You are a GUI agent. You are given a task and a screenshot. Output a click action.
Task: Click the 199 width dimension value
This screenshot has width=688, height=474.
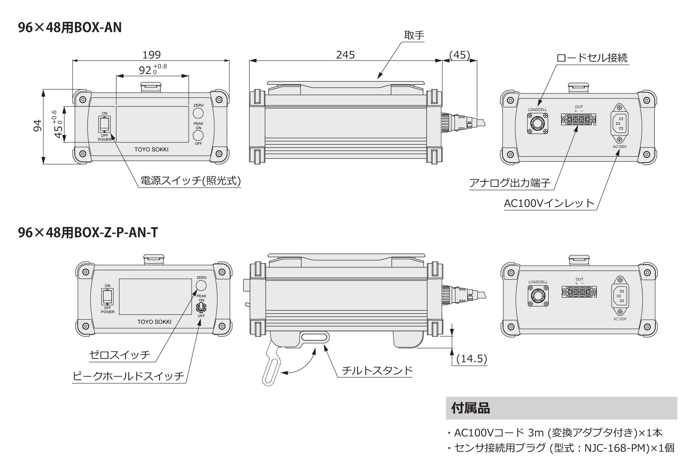(151, 55)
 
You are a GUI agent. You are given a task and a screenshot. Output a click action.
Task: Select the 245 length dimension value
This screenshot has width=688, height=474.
(345, 55)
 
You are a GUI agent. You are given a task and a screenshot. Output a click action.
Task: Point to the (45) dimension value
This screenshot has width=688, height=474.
(459, 55)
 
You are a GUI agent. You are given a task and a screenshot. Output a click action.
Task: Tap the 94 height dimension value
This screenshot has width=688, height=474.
(38, 126)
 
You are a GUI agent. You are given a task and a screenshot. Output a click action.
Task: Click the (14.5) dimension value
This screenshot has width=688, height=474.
(472, 358)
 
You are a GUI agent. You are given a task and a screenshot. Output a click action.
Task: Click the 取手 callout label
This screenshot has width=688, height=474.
(414, 35)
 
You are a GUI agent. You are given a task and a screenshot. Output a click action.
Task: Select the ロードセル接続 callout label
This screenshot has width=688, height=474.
(592, 58)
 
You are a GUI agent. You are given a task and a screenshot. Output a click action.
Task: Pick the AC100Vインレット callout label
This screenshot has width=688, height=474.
(549, 203)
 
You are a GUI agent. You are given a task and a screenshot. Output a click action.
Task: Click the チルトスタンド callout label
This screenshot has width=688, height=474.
(377, 370)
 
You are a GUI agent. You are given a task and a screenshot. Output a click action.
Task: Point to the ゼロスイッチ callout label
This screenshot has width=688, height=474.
(119, 355)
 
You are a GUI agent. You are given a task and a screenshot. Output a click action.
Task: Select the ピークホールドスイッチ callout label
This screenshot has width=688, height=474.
(128, 376)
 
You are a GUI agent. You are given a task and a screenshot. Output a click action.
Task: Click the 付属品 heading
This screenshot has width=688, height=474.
(471, 408)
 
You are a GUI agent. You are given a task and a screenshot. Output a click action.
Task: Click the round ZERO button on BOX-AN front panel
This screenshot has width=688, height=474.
(198, 113)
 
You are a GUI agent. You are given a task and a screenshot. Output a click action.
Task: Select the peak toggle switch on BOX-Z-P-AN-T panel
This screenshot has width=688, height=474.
(201, 308)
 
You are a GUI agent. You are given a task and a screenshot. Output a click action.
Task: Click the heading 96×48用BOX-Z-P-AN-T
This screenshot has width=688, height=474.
(88, 232)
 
